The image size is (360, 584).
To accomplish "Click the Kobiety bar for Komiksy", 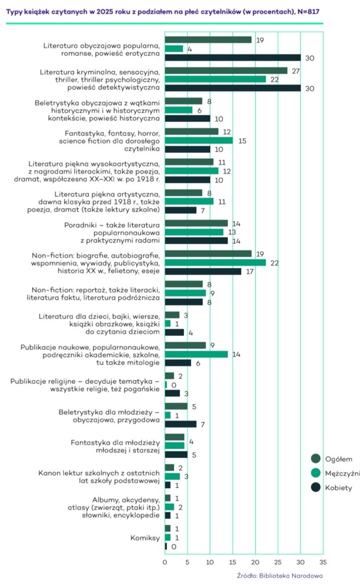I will click(166, 546).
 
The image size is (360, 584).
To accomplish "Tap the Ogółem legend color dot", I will click(316, 459).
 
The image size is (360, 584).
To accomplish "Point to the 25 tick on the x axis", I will click(278, 562).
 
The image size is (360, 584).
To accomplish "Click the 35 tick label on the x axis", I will click(323, 562).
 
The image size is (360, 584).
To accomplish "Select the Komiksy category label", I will click(145, 538).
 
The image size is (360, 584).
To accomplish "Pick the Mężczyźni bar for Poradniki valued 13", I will click(194, 232).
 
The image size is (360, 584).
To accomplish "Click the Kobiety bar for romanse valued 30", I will click(232, 57).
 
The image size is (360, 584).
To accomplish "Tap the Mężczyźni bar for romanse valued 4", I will click(174, 48).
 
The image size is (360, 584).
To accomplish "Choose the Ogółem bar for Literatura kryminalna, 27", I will click(226, 70).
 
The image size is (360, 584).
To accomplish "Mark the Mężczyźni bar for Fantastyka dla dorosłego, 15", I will click(198, 140).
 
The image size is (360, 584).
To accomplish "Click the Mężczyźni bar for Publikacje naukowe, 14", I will click(196, 354).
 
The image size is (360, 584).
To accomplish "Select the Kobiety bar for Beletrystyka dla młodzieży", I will click(180, 424).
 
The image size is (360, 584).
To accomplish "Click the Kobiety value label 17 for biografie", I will click(248, 271).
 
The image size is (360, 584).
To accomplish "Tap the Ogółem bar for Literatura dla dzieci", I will click(172, 315).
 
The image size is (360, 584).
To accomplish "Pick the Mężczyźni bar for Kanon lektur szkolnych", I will click(172, 476).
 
